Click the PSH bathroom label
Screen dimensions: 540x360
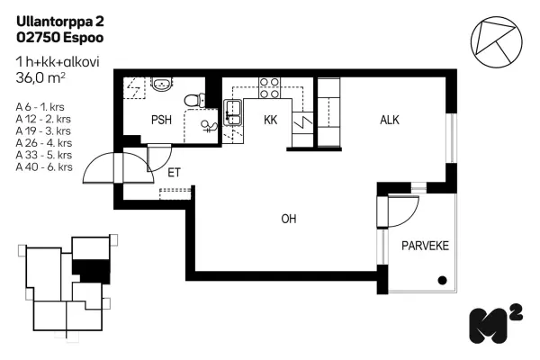[x=161, y=120]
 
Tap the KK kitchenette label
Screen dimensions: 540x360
[x=270, y=120]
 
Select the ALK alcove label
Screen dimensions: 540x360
[x=390, y=120]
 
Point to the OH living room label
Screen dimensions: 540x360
[x=289, y=219]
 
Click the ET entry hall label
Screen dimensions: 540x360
[x=174, y=173]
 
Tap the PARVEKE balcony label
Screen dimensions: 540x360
[x=426, y=246]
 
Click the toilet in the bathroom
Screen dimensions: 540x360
[x=194, y=100]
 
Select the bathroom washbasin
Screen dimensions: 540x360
[x=162, y=84]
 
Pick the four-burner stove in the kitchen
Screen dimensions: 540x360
[x=269, y=88]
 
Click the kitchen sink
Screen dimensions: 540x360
[x=233, y=112]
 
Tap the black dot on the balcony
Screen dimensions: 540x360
[x=442, y=281]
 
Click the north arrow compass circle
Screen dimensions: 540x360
[x=496, y=42]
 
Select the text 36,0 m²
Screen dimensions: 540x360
[x=40, y=78]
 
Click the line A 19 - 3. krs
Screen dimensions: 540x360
[x=43, y=130]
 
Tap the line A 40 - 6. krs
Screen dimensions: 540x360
[x=44, y=167]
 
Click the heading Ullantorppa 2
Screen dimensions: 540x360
[x=60, y=22]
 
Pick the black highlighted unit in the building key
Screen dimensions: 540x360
[x=92, y=272]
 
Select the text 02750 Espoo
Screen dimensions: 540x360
[x=60, y=37]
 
